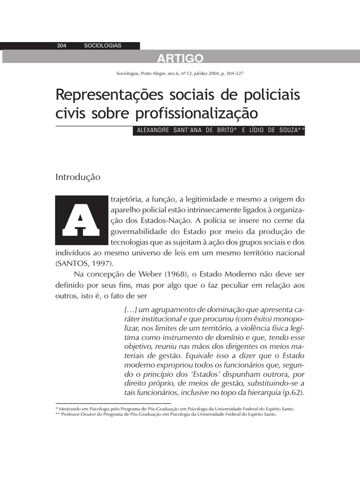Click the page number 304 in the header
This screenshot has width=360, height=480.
[x=61, y=45]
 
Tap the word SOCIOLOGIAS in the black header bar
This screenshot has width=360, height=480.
[x=103, y=45]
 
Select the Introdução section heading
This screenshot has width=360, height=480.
[x=78, y=177]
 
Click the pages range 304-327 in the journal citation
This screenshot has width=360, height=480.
[x=232, y=74]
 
